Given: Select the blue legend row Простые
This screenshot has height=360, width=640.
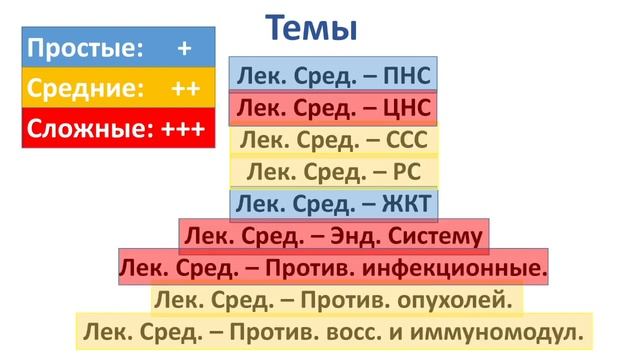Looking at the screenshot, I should tap(118, 48).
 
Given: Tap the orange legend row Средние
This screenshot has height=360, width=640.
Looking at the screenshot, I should tap(118, 88).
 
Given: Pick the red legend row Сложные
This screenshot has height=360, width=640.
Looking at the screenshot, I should tap(118, 128).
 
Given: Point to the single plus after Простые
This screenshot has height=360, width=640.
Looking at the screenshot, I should tap(184, 48).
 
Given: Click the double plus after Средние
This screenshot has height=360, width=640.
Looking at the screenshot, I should tap(185, 88).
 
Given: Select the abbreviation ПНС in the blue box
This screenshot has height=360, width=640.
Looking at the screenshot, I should tap(410, 75).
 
